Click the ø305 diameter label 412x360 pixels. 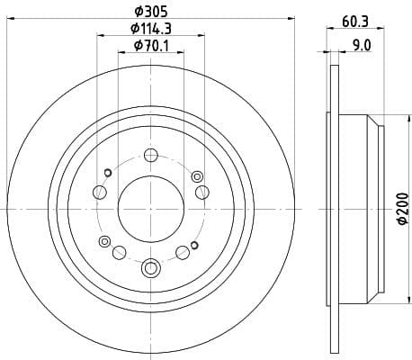click(x=150, y=12)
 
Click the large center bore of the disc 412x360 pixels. click(x=150, y=206)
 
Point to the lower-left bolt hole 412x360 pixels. click(x=118, y=251)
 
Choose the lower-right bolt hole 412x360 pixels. click(x=183, y=251)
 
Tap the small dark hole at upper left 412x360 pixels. click(x=107, y=173)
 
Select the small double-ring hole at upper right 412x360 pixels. click(x=196, y=175)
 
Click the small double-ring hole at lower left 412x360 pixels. click(x=104, y=240)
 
